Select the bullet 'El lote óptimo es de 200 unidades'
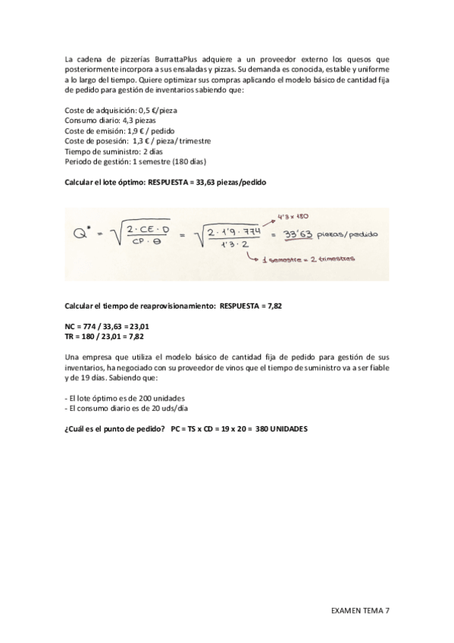pyautogui.click(x=126, y=398)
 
